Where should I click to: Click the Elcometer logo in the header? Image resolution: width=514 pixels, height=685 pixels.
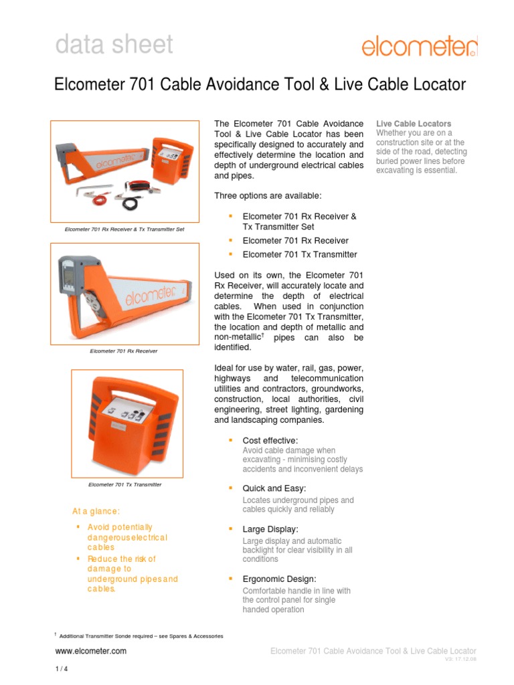coord(420,46)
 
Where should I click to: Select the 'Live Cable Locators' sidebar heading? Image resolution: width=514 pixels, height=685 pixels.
coord(413,124)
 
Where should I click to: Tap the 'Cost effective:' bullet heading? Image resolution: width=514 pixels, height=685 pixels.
coord(270,440)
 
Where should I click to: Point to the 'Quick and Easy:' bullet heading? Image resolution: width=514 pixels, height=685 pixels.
coord(274,489)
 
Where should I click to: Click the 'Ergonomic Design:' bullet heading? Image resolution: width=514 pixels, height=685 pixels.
coord(279,579)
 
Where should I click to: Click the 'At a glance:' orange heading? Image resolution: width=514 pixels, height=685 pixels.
coord(96,511)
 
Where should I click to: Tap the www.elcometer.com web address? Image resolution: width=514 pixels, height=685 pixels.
coord(90,651)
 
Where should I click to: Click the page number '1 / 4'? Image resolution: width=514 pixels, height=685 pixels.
coord(60,669)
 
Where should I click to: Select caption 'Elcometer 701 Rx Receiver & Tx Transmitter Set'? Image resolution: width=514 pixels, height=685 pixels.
coord(124,229)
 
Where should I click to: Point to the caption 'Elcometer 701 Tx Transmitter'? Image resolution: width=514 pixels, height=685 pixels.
coord(125,484)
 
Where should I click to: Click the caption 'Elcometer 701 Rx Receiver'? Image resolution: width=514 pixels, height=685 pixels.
coord(124,351)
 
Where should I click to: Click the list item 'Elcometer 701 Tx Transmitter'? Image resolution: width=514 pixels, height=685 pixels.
coord(299,254)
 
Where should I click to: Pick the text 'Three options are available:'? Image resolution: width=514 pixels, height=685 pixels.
coord(267,195)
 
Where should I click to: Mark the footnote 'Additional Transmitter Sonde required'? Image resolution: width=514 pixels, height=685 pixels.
coord(141,636)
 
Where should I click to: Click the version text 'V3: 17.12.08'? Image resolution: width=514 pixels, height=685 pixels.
coord(460,659)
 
